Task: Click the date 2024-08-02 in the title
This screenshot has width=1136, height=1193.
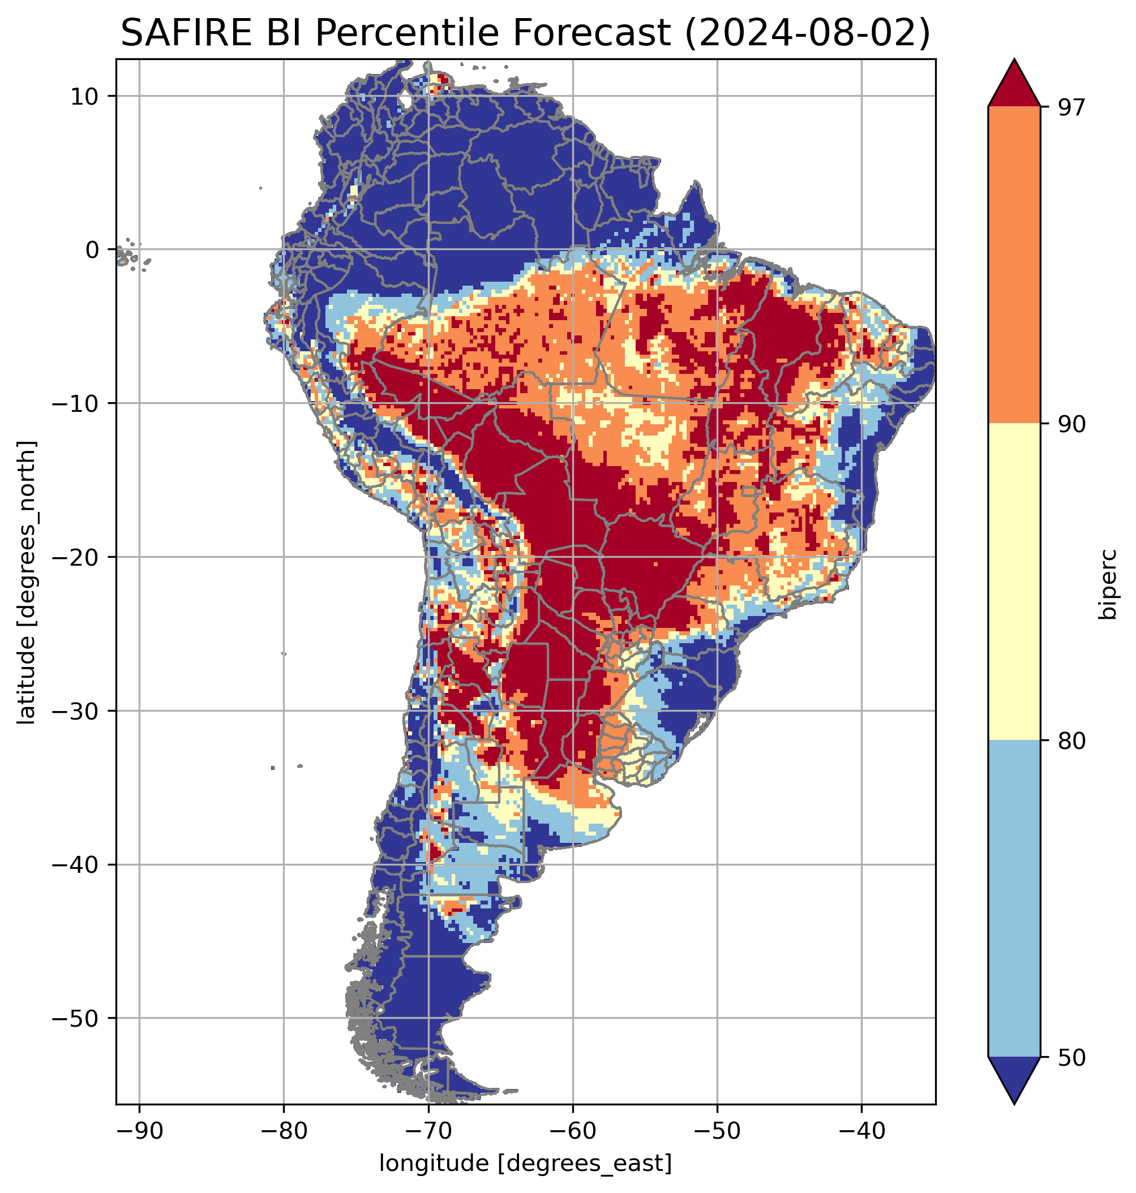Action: click(807, 33)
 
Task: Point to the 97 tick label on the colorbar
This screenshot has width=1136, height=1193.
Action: click(1070, 107)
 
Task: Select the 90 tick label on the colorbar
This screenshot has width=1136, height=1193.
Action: click(1070, 424)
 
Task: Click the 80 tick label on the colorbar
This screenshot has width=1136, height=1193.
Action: click(1070, 742)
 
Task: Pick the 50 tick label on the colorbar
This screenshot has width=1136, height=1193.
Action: click(1070, 1058)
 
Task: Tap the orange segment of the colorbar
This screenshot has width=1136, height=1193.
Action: click(1014, 265)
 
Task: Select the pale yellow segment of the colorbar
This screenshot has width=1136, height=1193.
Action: click(1014, 582)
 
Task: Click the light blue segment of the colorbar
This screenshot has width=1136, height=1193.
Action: click(1014, 899)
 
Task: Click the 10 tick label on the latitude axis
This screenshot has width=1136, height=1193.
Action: click(85, 96)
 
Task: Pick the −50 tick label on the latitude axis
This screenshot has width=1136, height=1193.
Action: click(76, 1019)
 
